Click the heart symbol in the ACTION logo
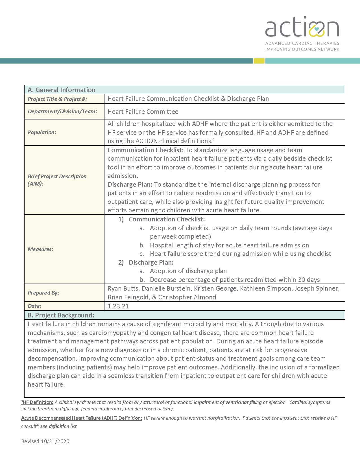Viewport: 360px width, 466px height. click(317, 29)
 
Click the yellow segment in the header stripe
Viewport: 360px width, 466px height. click(259, 61)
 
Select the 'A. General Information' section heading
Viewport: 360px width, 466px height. click(61, 90)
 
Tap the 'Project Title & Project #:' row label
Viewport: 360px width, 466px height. click(57, 99)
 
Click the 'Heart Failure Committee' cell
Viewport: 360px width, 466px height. click(143, 112)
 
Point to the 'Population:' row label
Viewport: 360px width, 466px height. click(42, 132)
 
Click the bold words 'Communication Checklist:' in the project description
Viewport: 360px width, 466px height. click(145, 150)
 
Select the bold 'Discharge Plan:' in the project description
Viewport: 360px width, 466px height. click(130, 184)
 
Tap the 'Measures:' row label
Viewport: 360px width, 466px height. click(40, 249)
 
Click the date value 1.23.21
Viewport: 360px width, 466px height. click(118, 306)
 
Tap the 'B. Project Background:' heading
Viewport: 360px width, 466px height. click(61, 315)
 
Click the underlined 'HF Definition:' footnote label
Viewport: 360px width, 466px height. click(38, 402)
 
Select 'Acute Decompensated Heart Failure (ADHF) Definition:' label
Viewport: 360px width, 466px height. click(82, 418)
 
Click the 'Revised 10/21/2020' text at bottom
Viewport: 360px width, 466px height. click(45, 441)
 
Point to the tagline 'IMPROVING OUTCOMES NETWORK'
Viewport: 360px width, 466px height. click(302, 49)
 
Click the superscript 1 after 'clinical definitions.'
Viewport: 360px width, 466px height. click(214, 140)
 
